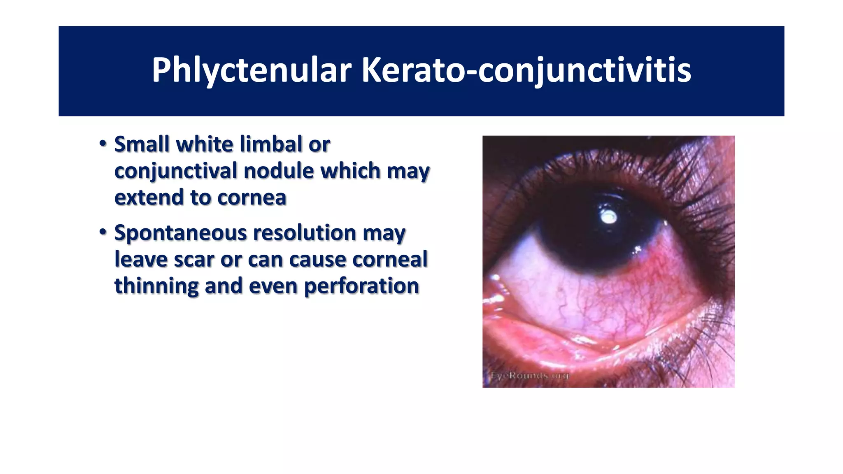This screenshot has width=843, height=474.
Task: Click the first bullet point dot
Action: coord(103,144)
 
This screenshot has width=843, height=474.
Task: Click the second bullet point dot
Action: coord(103,232)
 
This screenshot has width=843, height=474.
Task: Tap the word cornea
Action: coord(252,197)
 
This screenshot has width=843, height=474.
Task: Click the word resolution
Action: coord(304,233)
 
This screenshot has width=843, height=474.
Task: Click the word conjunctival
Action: coord(176,171)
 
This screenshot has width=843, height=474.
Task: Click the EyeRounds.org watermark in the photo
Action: coord(529,375)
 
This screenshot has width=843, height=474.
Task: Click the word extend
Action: coord(148,197)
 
